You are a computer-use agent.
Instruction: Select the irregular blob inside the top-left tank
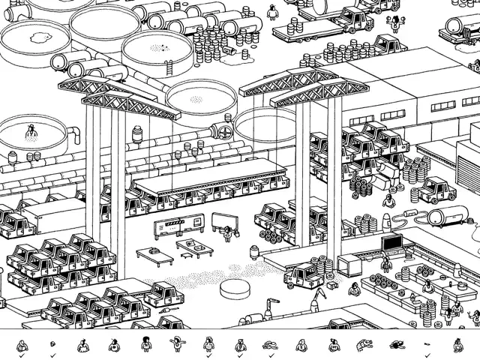[36, 34]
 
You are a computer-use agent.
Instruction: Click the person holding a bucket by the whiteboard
[228, 233]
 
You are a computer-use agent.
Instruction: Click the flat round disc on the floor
[235, 289]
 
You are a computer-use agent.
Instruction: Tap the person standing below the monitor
[386, 262]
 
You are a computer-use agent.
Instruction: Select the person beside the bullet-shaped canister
[388, 201]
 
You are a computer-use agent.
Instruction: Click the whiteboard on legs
[223, 220]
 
